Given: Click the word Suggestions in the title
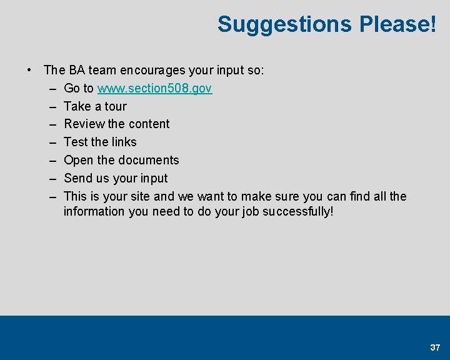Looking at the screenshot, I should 284,24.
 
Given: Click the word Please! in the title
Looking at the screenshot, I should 397,24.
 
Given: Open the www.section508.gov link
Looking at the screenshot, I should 154,89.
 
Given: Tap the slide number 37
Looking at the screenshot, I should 435,347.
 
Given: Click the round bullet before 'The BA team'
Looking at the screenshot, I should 29,70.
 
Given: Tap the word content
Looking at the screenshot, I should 149,124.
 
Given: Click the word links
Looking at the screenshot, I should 122,142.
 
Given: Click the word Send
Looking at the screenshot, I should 77,179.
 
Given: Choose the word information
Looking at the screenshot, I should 94,212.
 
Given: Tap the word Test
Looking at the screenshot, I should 76,142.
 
